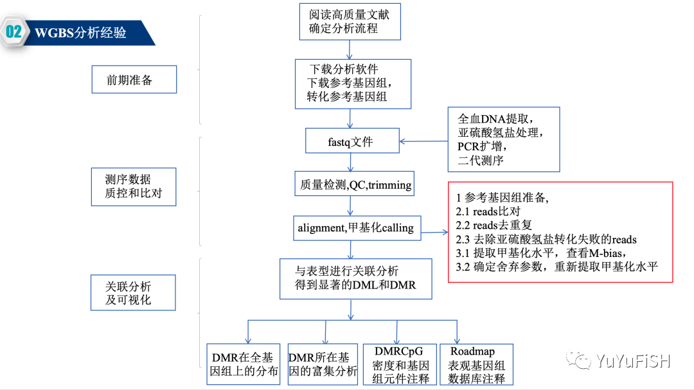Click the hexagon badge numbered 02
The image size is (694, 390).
click(14, 33)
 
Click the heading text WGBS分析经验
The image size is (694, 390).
click(80, 33)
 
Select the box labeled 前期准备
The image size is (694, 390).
click(133, 80)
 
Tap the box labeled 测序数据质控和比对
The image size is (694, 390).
click(133, 186)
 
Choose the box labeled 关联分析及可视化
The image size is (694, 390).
click(133, 292)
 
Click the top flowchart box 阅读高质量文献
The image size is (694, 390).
click(350, 21)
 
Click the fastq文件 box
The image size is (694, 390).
click(350, 142)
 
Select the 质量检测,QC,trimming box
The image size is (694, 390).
click(355, 185)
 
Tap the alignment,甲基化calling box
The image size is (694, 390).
click(355, 228)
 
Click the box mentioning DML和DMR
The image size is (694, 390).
click(355, 278)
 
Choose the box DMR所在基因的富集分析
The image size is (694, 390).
click(323, 364)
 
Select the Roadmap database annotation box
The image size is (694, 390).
click(476, 364)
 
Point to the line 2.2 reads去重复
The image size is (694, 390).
click(494, 226)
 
